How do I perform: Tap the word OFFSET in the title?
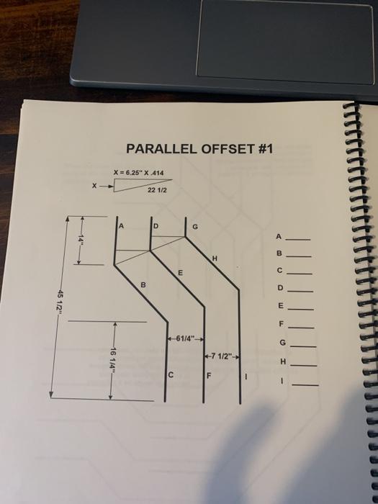pyautogui.click(x=225, y=150)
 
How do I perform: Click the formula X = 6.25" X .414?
pyautogui.click(x=138, y=173)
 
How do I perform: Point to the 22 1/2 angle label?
pyautogui.click(x=156, y=191)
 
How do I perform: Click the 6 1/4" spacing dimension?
pyautogui.click(x=186, y=339)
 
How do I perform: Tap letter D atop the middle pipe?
pyautogui.click(x=155, y=226)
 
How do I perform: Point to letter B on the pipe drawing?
pyautogui.click(x=143, y=286)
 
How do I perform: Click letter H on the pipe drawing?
pyautogui.click(x=214, y=258)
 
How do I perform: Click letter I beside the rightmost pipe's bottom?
pyautogui.click(x=247, y=376)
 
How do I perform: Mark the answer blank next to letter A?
pyautogui.click(x=300, y=238)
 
